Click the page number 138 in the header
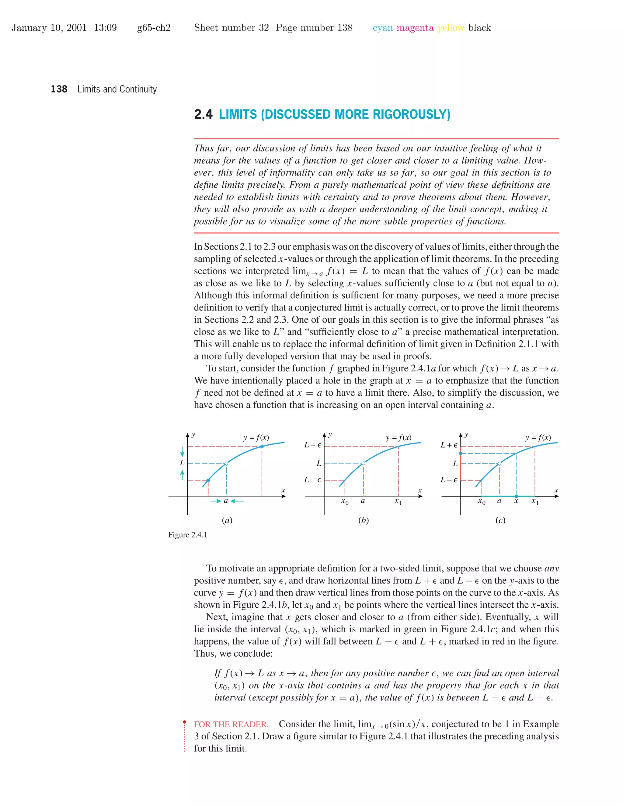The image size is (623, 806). (x=59, y=89)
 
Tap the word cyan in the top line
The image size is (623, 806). (x=382, y=28)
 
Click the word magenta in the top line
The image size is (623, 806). (x=415, y=28)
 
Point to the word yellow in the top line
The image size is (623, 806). (x=450, y=28)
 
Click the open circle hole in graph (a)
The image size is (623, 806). (x=226, y=464)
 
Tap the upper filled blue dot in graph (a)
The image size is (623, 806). (x=262, y=446)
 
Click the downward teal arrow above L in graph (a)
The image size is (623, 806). (x=182, y=452)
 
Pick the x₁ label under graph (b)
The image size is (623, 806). (x=398, y=501)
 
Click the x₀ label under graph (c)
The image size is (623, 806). (x=481, y=501)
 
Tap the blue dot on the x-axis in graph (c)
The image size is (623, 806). (x=516, y=496)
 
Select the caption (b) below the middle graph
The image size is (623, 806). (x=364, y=520)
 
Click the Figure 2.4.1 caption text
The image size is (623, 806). (x=187, y=535)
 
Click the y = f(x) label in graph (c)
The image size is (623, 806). (x=538, y=438)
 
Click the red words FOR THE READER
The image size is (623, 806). (x=231, y=724)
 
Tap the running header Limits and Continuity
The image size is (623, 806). (x=117, y=89)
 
